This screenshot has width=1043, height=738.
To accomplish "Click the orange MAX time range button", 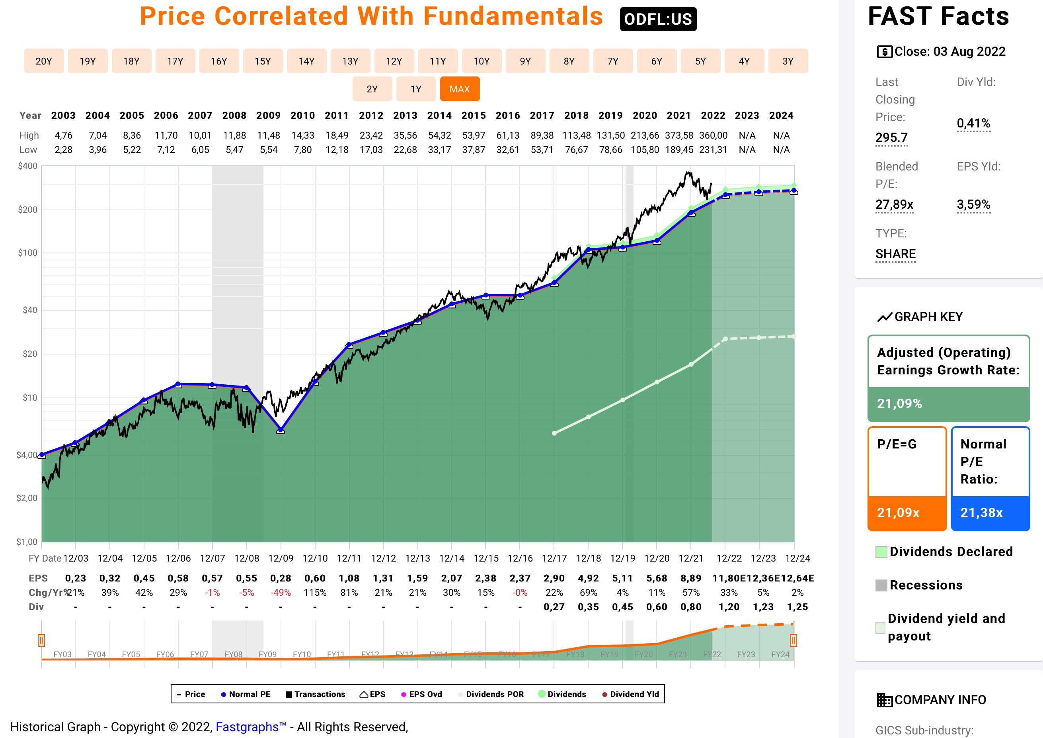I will pyautogui.click(x=459, y=89).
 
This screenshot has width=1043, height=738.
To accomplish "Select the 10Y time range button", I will pyautogui.click(x=481, y=61).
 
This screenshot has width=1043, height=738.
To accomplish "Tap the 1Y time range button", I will pyautogui.click(x=416, y=89).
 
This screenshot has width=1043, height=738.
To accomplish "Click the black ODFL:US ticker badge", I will pyautogui.click(x=657, y=19).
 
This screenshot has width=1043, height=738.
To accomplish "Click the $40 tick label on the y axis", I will pyautogui.click(x=30, y=310).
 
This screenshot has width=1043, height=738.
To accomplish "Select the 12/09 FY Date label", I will pyautogui.click(x=281, y=558).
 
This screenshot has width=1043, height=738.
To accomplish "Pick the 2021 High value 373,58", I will pyautogui.click(x=678, y=135).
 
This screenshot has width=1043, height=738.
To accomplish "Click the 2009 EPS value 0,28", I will pyautogui.click(x=280, y=578).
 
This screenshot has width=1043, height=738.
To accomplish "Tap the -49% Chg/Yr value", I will pyautogui.click(x=280, y=593).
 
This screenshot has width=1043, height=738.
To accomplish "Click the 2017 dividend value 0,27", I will pyautogui.click(x=554, y=607).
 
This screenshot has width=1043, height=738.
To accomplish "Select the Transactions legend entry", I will pyautogui.click(x=315, y=694).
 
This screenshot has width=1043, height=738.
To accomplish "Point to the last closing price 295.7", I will pyautogui.click(x=891, y=137).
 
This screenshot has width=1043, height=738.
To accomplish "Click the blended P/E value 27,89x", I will pyautogui.click(x=894, y=205).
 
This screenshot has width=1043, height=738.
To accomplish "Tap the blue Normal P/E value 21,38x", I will pyautogui.click(x=981, y=513).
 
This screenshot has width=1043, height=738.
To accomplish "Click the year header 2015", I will pyautogui.click(x=473, y=115).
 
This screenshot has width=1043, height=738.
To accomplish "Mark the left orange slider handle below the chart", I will pyautogui.click(x=41, y=640).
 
